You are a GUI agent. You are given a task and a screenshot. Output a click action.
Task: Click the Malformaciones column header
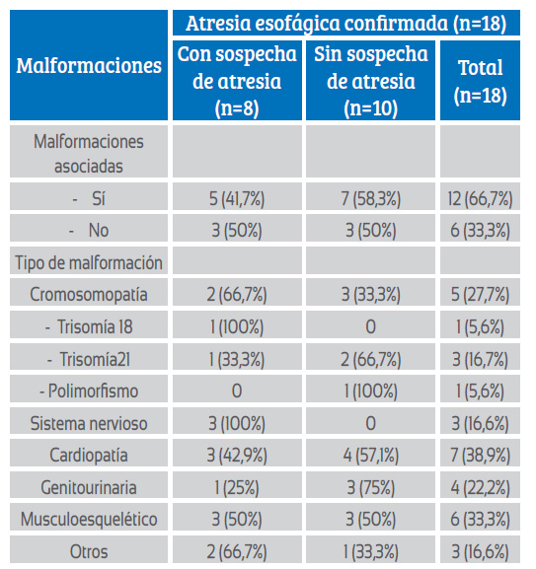(89, 66)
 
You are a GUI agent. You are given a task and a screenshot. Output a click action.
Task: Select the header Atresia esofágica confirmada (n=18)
(345, 24)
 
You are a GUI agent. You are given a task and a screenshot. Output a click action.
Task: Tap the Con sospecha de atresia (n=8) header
(237, 81)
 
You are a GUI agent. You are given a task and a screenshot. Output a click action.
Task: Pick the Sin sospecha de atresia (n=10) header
(371, 81)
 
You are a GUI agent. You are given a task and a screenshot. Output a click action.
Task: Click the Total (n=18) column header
(480, 81)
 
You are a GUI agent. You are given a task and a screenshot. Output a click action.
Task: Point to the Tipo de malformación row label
(89, 262)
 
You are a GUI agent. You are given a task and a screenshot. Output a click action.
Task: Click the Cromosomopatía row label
(89, 294)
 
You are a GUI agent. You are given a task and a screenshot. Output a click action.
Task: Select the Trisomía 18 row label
(89, 326)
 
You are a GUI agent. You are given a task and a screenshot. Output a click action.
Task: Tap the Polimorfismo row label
(89, 391)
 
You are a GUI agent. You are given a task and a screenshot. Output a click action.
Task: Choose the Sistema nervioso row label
(89, 423)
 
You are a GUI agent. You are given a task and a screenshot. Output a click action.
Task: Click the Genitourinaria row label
(89, 487)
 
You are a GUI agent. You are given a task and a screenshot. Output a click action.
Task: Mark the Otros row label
(89, 551)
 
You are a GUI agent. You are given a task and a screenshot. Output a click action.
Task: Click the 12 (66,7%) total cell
(480, 198)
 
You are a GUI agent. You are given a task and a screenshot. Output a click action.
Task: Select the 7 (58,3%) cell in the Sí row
(371, 198)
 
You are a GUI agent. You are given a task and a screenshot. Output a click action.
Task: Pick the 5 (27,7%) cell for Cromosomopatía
(480, 294)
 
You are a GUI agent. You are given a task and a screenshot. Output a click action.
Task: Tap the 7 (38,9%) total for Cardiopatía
(480, 455)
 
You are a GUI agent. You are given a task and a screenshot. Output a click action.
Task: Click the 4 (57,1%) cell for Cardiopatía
(371, 455)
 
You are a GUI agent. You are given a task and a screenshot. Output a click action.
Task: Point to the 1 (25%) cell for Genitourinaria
(237, 487)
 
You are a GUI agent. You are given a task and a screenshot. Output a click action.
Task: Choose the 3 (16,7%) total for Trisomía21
(480, 359)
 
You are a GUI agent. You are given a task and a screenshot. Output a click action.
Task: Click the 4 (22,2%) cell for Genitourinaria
(480, 487)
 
